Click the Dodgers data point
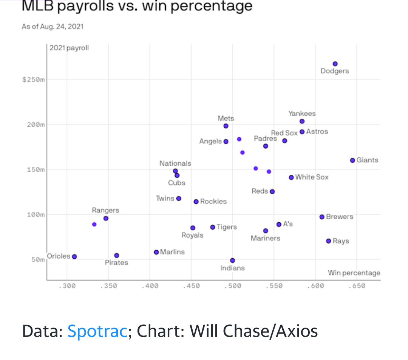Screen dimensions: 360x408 pyautogui.click(x=335, y=64)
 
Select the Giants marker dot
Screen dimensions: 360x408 pyautogui.click(x=352, y=160)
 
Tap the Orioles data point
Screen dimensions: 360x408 pyautogui.click(x=74, y=257)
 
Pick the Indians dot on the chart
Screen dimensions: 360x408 pyautogui.click(x=232, y=261)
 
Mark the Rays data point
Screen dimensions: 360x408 pyautogui.click(x=328, y=241)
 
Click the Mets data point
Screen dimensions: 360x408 pyautogui.click(x=226, y=126)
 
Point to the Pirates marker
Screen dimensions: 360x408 pyautogui.click(x=117, y=256)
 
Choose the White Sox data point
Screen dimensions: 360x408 pyautogui.click(x=291, y=177)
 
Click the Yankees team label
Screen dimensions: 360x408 pyautogui.click(x=302, y=113)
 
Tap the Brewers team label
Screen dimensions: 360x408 pyautogui.click(x=340, y=217)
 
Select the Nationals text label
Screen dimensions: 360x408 pyautogui.click(x=175, y=163)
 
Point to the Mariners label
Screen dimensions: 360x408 pyautogui.click(x=266, y=238)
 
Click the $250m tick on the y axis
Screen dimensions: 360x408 pyautogui.click(x=34, y=79)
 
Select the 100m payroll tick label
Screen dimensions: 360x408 pyautogui.click(x=36, y=214)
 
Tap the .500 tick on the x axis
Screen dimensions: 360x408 pyautogui.click(x=233, y=286)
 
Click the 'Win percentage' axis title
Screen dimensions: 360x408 pyautogui.click(x=354, y=273)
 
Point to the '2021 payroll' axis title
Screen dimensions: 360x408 pyautogui.click(x=69, y=48)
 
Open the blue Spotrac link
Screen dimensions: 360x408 pyautogui.click(x=97, y=331)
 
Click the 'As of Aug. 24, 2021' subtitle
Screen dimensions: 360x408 pyautogui.click(x=53, y=26)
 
